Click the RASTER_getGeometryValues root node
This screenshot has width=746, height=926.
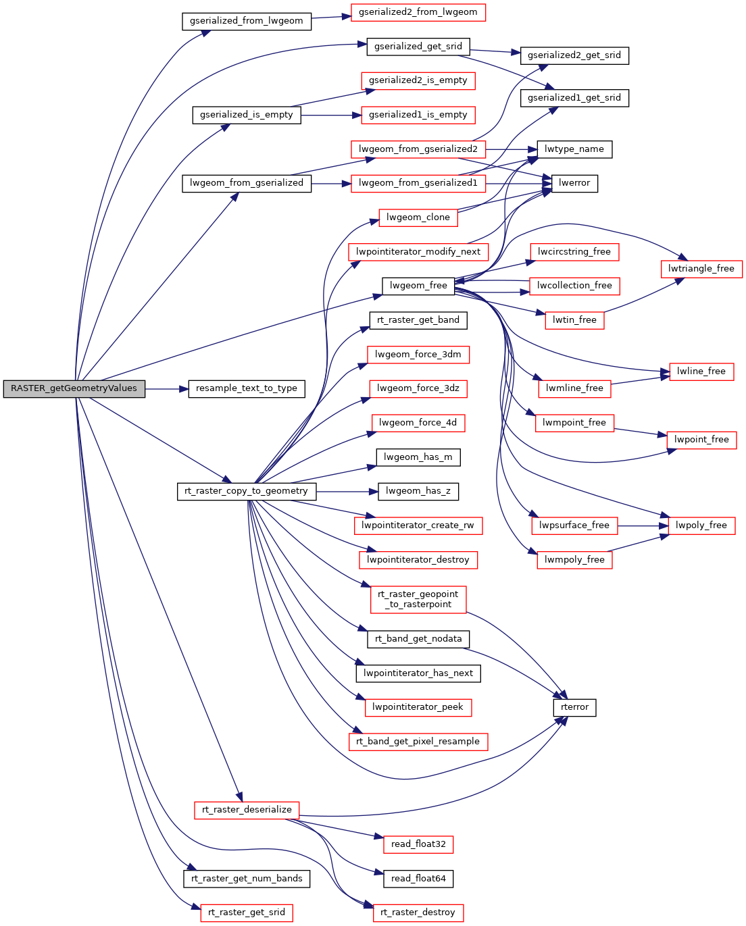coord(74,388)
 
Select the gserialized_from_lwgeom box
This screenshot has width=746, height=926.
coord(247,21)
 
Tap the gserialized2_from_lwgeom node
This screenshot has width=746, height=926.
coord(418,12)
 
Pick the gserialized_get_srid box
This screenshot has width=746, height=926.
coord(418,47)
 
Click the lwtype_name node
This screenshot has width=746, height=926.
coord(574,149)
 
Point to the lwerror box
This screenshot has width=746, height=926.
coord(574,183)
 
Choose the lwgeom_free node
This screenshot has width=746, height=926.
coord(418,286)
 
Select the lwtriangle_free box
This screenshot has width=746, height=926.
coord(701,269)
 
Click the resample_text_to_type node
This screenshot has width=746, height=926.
coord(247,388)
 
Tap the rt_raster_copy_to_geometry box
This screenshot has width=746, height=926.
coord(247,491)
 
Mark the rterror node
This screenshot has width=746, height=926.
coord(574,707)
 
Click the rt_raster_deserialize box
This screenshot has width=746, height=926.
coord(247,810)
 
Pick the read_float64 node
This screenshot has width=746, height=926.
coord(418,879)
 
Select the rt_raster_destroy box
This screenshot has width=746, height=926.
coord(418,912)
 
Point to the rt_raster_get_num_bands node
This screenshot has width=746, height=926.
coord(247,879)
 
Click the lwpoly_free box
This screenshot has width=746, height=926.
coord(701,525)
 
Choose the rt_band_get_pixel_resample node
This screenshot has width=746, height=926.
coord(418,742)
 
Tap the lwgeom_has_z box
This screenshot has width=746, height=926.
coord(418,491)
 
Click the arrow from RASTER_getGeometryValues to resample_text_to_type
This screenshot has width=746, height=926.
coord(166,389)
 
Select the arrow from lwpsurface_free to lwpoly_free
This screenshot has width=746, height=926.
coord(639,525)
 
